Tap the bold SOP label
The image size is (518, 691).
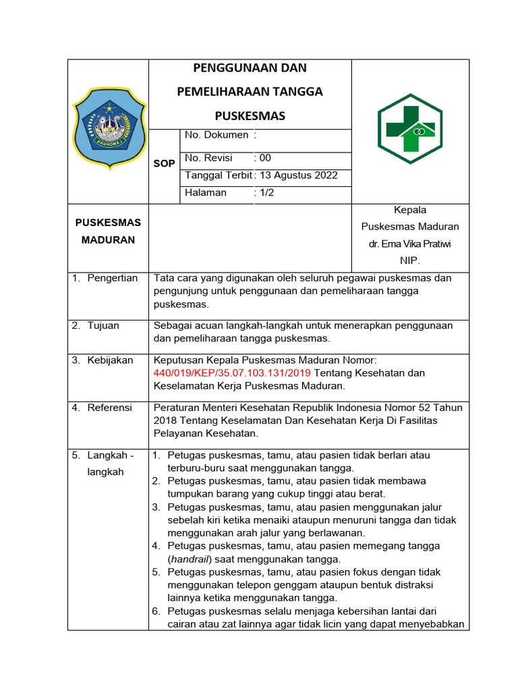165,164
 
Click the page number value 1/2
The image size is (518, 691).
264,192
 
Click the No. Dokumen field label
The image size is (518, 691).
216,135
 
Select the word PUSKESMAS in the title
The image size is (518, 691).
250,116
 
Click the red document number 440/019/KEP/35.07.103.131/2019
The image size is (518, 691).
233,372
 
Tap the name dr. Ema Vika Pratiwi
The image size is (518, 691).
410,243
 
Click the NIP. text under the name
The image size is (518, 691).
410,260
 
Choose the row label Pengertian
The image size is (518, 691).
112,278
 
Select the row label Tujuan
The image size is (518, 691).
103,325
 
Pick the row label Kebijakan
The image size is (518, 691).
110,360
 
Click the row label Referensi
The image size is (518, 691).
110,408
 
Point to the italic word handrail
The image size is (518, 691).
190,559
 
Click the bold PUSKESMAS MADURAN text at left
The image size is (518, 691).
108,231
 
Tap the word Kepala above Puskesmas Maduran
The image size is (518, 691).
410,210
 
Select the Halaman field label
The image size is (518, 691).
206,192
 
